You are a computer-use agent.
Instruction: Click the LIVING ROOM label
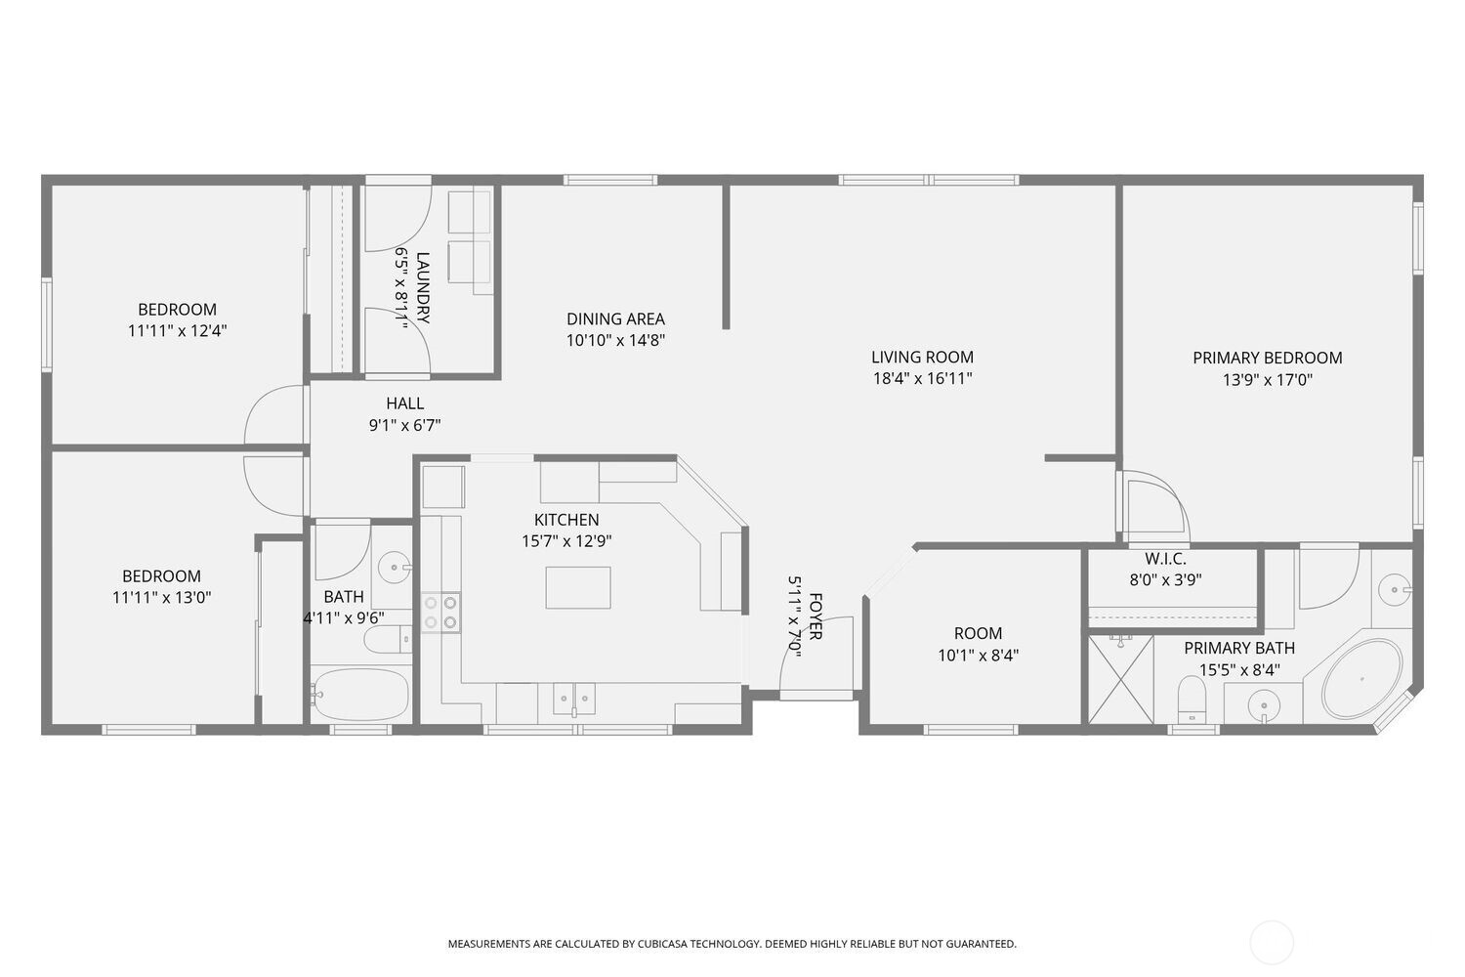(x=922, y=358)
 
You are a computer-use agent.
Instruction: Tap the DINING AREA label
(x=615, y=319)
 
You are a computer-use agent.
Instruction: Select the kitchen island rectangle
(x=578, y=587)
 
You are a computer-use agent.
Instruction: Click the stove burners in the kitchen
(x=440, y=613)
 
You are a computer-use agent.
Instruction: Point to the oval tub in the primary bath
(x=1361, y=679)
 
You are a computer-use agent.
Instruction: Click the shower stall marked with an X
(x=1121, y=679)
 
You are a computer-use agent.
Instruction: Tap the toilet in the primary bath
(x=1192, y=700)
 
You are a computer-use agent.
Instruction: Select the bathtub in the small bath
(x=359, y=695)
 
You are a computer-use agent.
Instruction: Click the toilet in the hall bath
(x=387, y=639)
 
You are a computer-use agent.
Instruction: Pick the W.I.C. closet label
(x=1165, y=560)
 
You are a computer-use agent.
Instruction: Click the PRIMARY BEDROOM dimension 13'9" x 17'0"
(x=1268, y=380)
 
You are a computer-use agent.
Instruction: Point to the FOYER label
(x=816, y=616)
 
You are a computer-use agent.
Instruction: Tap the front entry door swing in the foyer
(x=816, y=652)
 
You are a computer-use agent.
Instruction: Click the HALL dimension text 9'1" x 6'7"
(x=405, y=426)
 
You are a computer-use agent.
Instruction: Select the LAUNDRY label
(x=423, y=288)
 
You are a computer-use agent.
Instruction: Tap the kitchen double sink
(x=574, y=699)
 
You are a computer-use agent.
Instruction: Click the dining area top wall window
(x=610, y=180)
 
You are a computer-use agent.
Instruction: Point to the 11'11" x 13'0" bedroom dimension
(x=161, y=598)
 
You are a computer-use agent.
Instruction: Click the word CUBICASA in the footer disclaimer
(x=663, y=944)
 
